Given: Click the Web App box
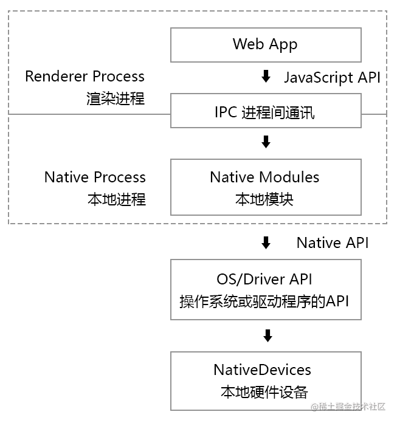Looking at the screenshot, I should coord(266,44).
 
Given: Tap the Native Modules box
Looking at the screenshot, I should coord(266,187).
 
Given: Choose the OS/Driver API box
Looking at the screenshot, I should coord(266,289).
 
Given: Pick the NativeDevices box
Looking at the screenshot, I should coord(266,380).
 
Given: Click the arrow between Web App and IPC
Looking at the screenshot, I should coord(266,77).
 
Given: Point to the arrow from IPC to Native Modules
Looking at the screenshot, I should coord(266,143).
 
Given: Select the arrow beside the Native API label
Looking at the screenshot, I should coord(266,243).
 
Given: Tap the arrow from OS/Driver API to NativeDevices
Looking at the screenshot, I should coord(266,335).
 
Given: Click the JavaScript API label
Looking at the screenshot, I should coord(332,77).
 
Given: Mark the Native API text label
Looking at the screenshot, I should coord(332,243).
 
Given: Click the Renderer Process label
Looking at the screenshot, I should coord(85,77).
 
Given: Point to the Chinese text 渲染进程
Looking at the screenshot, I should coord(116,98).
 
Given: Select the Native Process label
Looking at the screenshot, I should coord(95,177).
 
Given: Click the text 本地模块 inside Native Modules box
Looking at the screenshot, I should coord(264,199).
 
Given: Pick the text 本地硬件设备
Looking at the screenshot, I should coord(264,392).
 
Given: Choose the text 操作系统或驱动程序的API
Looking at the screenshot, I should coord(264,301).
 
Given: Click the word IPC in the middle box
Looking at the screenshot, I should coord(226,112).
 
